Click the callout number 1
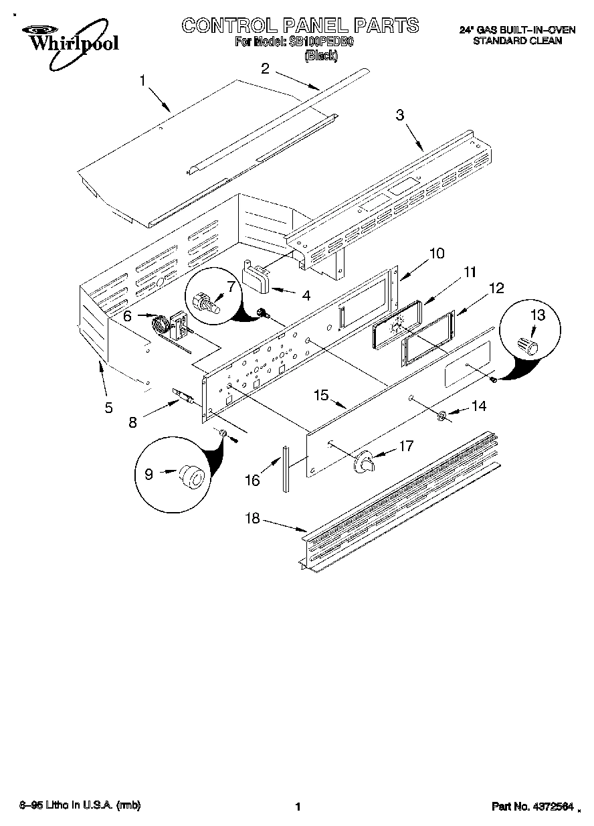pos(142,81)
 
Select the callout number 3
pos(400,115)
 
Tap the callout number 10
pos(436,254)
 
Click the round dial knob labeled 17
pos(365,462)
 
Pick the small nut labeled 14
pos(441,417)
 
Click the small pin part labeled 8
pos(183,398)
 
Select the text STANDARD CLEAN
pos(517,40)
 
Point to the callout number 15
pos(322,395)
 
